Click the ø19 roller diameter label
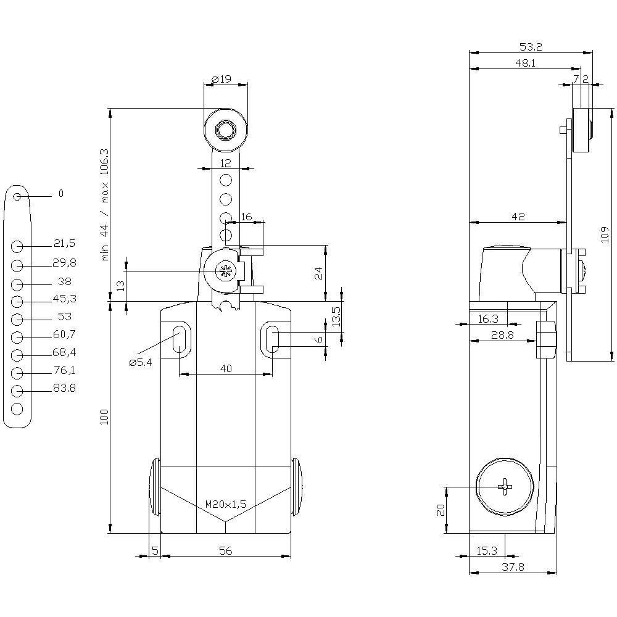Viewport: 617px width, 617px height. pos(221,79)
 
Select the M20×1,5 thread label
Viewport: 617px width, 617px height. pos(226,504)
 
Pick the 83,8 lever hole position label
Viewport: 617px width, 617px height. pos(64,388)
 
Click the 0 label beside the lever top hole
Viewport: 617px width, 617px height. pos(60,194)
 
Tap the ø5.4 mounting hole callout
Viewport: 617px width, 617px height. pos(141,363)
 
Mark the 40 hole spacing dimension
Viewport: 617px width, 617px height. pos(226,368)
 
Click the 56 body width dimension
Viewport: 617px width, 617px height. pos(226,551)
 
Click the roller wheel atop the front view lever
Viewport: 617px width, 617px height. pos(226,130)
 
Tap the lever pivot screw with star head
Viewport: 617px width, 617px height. pos(224,271)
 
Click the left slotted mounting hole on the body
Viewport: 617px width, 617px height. pos(180,339)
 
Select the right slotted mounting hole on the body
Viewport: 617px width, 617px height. pos(272,339)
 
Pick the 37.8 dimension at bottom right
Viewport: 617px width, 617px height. pos(513,567)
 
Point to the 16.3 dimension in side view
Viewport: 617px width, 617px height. pos(488,318)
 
